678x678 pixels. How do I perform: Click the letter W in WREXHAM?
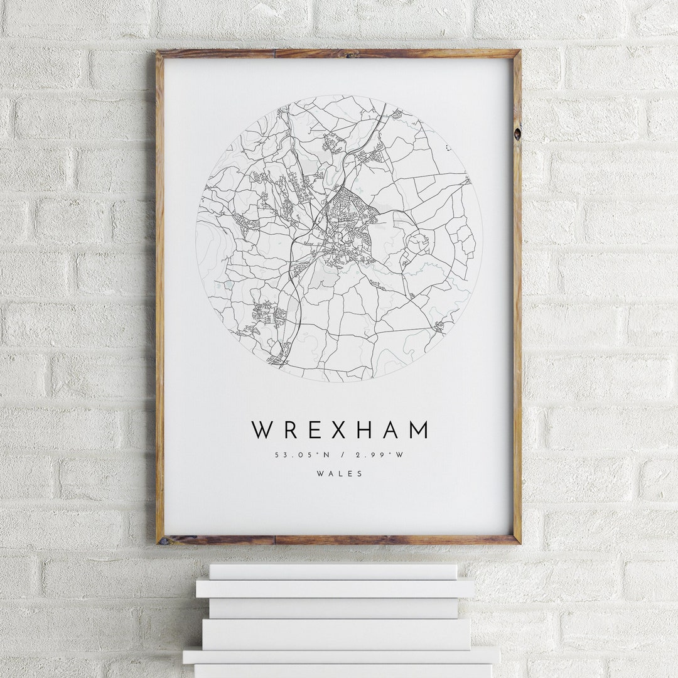[262, 430]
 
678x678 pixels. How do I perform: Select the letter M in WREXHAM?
[417, 430]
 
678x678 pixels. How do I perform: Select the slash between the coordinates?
[340, 455]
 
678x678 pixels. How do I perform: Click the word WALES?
[340, 474]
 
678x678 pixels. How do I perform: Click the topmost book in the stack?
[333, 571]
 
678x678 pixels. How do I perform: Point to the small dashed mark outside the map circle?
[448, 148]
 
